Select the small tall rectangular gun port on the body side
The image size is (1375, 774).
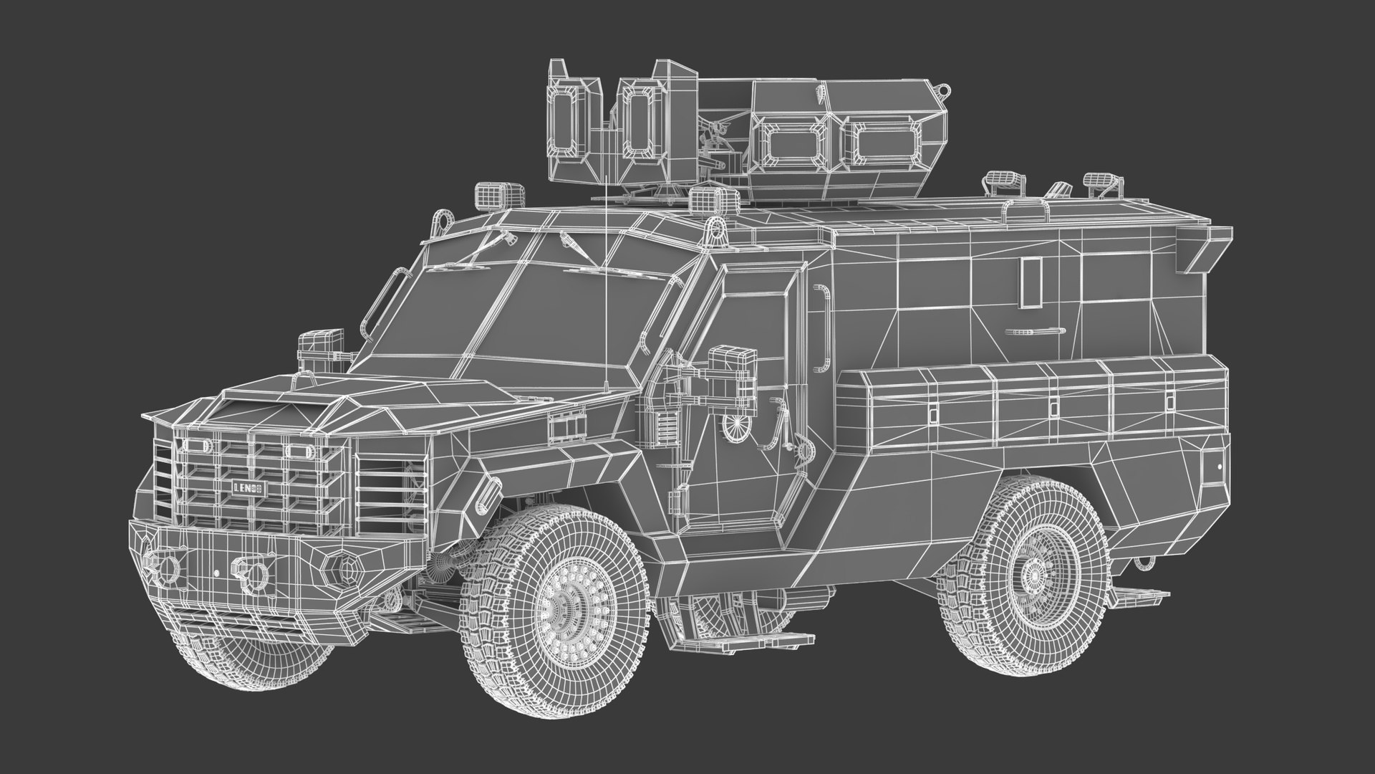pos(1033,282)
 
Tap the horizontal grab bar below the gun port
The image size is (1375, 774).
pos(1032,331)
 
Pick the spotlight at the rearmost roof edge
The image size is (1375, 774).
pos(1101,184)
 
